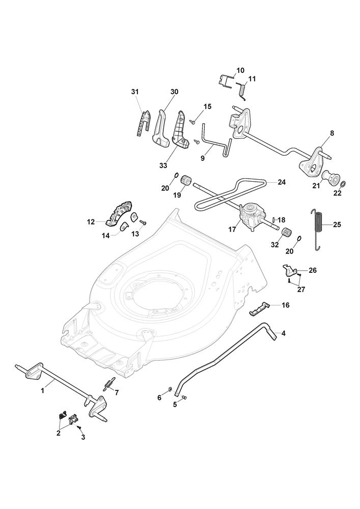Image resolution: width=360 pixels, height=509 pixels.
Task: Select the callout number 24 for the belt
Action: coord(281,181)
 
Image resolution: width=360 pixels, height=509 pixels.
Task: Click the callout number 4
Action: coord(283,333)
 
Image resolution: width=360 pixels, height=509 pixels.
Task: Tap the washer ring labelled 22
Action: coord(342,184)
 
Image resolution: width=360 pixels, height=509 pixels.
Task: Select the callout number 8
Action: coord(331,133)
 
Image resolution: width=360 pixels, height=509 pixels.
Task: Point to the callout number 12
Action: coord(91,221)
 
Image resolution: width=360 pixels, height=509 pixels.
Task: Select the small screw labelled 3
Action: coord(79,429)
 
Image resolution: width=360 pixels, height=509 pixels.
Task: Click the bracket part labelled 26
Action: coord(289,268)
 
